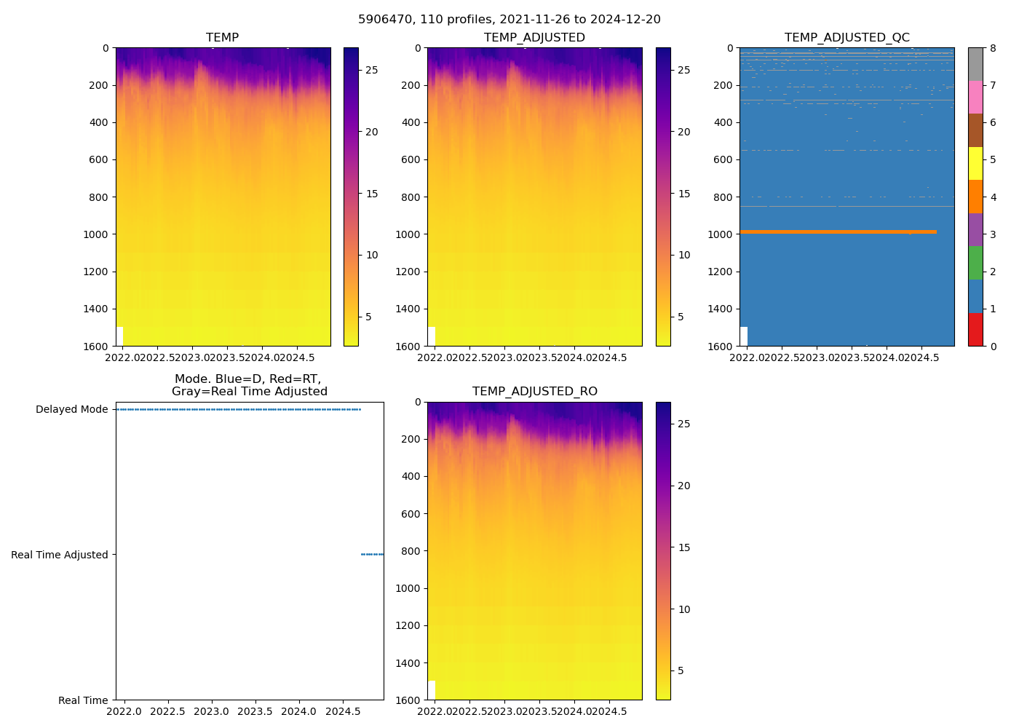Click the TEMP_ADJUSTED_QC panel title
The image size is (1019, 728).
coord(846,38)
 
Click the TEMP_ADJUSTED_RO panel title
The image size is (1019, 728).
coord(534,392)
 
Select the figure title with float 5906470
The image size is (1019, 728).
coord(509,20)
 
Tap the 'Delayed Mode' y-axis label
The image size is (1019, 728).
coord(71,409)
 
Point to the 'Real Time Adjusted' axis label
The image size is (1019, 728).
coord(60,555)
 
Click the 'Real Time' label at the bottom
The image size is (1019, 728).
coord(83,700)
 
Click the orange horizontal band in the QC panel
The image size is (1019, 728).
coord(837,232)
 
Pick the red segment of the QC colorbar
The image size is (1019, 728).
coord(975,329)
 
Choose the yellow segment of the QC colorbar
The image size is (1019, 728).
coord(975,164)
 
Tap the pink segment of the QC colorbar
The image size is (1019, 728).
coord(975,98)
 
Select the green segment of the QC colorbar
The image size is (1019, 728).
coord(975,263)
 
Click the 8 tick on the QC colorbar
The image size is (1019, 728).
coord(993,48)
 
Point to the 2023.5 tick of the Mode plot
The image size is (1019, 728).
coord(255,711)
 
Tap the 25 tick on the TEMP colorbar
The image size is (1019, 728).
coord(371,70)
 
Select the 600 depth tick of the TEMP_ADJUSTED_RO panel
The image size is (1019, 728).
coord(412,514)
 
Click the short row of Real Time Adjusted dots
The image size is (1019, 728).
coord(372,555)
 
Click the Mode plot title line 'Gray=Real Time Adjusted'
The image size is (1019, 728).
coord(249,392)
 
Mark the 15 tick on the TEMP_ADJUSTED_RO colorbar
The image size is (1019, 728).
coord(683,547)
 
